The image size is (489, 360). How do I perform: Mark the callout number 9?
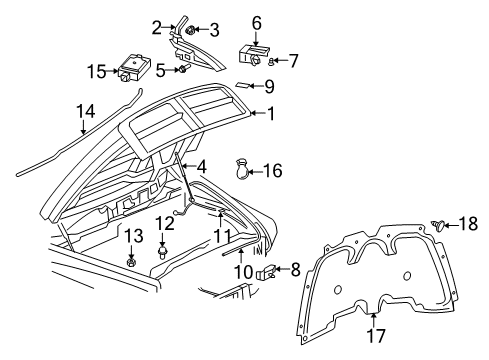coord(269,86)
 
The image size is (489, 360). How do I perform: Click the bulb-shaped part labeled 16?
coord(242,171)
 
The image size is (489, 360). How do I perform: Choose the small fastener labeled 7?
coord(271,61)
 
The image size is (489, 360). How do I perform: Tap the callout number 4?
coord(201,166)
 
